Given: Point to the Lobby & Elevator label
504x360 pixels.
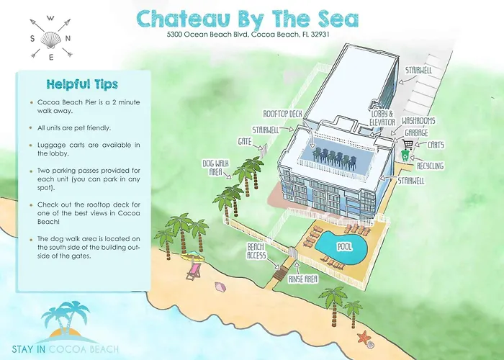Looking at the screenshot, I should click(382, 118).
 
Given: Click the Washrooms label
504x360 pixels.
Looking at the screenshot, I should click(419, 120).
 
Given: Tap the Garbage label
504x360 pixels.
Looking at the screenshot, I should click(415, 132).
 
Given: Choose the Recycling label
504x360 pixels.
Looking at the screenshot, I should click(430, 166).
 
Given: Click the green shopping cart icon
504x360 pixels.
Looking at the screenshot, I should click(408, 153).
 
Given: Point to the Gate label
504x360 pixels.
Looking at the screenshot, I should click(246, 142).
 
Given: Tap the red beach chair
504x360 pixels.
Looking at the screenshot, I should click(193, 272).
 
